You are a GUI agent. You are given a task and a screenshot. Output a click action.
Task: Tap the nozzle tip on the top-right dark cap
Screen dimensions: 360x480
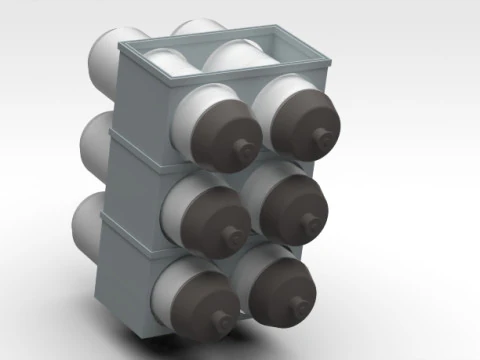(x=321, y=136)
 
